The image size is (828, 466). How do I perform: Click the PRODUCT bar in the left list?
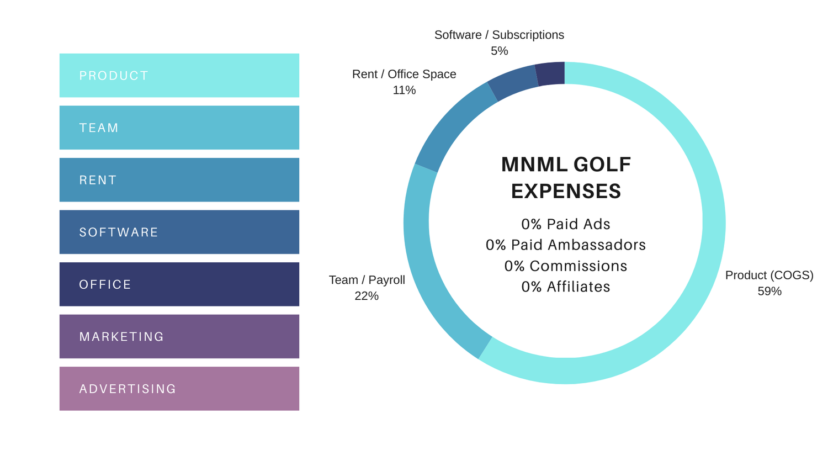click(179, 76)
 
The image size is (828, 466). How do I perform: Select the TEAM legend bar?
click(179, 128)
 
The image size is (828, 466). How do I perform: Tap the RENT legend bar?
click(179, 180)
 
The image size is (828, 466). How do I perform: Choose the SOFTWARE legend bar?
click(179, 232)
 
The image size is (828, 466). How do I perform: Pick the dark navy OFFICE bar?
click(179, 284)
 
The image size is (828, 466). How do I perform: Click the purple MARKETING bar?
click(179, 336)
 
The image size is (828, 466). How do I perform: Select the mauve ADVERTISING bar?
click(179, 389)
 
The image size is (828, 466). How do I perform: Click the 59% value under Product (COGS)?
click(769, 291)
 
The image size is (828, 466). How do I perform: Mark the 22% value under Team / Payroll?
click(367, 296)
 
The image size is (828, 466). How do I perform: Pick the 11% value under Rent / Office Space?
click(404, 90)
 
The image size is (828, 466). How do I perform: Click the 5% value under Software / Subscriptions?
click(499, 51)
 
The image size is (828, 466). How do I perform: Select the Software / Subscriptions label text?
click(499, 35)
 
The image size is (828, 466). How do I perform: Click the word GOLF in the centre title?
click(602, 165)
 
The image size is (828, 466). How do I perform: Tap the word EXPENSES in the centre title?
click(566, 191)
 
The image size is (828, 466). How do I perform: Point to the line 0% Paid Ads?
click(566, 224)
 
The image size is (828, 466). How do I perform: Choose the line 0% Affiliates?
click(566, 287)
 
